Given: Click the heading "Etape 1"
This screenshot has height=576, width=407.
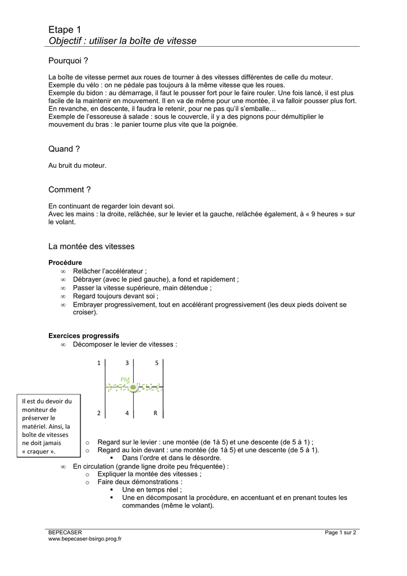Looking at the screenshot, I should click(65, 29).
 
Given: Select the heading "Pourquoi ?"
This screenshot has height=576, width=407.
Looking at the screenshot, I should click(69, 60).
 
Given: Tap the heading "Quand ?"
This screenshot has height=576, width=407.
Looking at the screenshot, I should click(64, 149).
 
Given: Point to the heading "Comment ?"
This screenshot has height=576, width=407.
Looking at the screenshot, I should click(70, 190).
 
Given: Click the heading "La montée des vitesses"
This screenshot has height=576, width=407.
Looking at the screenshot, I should click(92, 246).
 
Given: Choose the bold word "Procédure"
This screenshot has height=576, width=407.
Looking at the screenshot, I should click(65, 263).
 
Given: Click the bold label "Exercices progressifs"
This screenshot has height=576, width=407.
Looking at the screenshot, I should click(84, 336).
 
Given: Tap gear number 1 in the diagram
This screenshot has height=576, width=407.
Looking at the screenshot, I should click(99, 363).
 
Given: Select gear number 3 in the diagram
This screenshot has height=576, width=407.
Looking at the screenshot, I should click(127, 363).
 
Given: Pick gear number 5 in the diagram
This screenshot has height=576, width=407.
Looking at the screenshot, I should click(157, 363).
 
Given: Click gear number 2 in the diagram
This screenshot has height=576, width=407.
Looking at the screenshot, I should click(99, 413).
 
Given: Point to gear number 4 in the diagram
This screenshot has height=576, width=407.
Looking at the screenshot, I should click(127, 413).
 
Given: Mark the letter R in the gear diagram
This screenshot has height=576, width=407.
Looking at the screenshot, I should click(156, 413).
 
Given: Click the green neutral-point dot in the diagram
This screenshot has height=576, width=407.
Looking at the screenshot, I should click(133, 388).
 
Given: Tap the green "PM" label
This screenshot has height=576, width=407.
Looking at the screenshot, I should click(125, 380).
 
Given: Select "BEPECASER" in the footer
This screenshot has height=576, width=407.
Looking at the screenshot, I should click(65, 532).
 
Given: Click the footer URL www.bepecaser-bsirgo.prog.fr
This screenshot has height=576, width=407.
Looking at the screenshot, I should click(85, 539).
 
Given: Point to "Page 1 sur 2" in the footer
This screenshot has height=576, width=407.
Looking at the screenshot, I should click(341, 532).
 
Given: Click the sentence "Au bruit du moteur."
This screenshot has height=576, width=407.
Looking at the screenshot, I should click(77, 165).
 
